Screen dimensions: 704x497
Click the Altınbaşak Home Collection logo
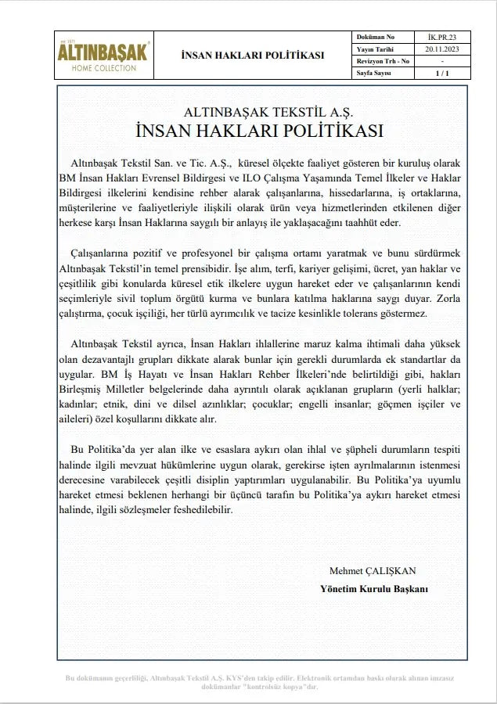click(x=104, y=56)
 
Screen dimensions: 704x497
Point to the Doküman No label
click(x=376, y=37)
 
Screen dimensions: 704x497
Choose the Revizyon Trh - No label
click(x=384, y=60)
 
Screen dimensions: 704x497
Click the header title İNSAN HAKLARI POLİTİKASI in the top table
click(x=252, y=56)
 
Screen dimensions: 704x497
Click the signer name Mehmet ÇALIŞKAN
click(x=373, y=570)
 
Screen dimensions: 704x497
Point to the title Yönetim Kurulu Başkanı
click(x=374, y=588)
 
